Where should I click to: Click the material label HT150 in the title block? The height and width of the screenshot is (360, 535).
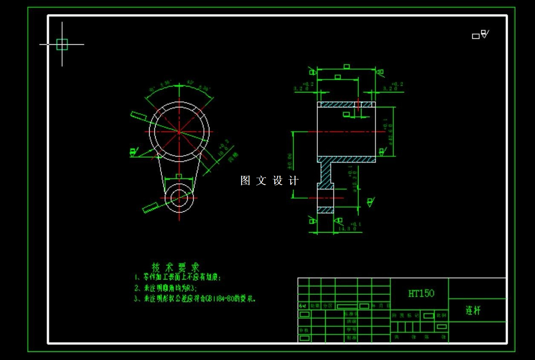tap(421, 293)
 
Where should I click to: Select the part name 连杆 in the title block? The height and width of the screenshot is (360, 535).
tap(473, 311)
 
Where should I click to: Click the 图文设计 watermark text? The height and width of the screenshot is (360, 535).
tap(269, 181)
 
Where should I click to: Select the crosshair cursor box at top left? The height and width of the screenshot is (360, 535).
tap(62, 44)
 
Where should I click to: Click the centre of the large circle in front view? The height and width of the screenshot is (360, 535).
tap(179, 132)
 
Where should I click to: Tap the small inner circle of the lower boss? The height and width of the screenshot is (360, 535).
tap(179, 198)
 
